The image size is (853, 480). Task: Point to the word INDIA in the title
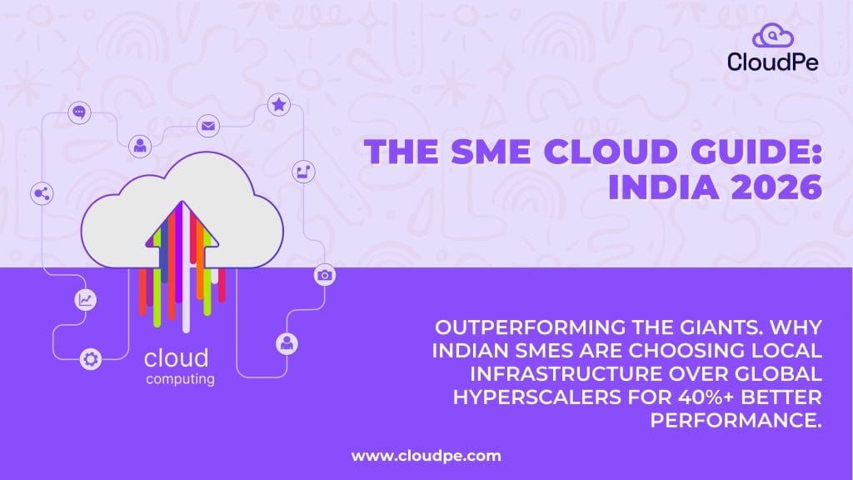(x=656, y=187)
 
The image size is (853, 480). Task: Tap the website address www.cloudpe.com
(x=426, y=456)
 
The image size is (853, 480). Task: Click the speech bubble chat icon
(x=79, y=111)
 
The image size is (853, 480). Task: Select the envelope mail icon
(x=207, y=127)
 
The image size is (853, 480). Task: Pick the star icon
(x=278, y=105)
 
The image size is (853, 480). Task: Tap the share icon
(x=40, y=194)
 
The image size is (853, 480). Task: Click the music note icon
(x=302, y=172)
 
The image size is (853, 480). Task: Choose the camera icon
(x=325, y=275)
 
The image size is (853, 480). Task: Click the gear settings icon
(x=90, y=360)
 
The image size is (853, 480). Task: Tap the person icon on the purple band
(x=287, y=342)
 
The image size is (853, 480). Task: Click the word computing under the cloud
(x=180, y=380)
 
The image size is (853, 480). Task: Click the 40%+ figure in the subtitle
(x=691, y=393)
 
